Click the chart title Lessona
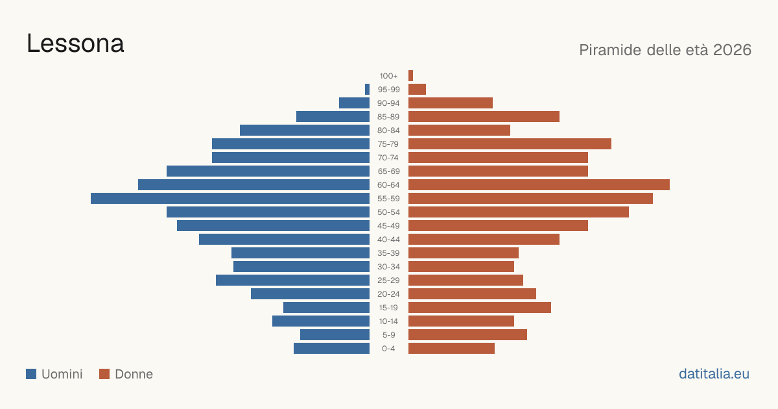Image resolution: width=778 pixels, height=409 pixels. coord(75,44)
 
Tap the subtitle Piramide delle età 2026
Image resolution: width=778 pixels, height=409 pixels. coord(665,50)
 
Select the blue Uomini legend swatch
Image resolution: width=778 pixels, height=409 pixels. coord(31,374)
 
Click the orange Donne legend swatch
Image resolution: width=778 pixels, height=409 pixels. coord(104,374)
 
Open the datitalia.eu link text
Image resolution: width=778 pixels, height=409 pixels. coord(714,374)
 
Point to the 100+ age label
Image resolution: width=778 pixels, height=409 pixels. coord(388,76)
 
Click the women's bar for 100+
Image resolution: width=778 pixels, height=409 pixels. coord(410,76)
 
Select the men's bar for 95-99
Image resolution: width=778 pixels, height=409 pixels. coord(367,90)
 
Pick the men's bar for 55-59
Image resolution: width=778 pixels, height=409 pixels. coord(230,199)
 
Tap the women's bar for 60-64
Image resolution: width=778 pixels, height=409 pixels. coord(539,184)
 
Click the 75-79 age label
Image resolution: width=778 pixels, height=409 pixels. coord(388,144)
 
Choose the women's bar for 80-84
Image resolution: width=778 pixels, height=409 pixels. coord(459,130)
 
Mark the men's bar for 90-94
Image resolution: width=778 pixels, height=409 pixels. coord(354,103)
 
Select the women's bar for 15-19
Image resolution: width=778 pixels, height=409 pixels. coord(480,308)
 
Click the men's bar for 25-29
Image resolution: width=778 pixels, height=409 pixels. coord(293,280)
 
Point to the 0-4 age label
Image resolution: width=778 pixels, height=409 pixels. coord(388,349)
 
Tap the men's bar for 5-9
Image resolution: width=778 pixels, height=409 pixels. coord(335,335)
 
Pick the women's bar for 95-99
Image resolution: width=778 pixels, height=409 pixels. coord(417,90)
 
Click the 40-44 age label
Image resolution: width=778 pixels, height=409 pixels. coord(388,240)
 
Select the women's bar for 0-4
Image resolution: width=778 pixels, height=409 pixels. coord(451,349)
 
